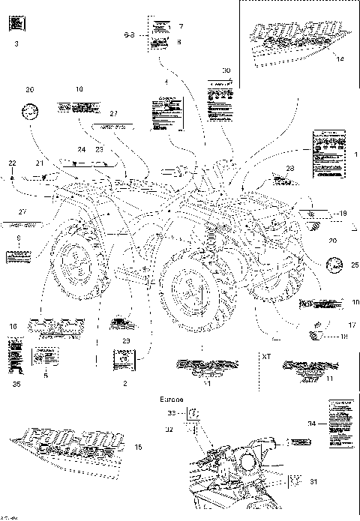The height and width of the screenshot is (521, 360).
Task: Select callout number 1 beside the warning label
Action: coord(346,153)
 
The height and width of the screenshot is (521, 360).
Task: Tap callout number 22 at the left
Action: coord(13,163)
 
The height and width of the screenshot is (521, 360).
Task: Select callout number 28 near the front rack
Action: coord(289,169)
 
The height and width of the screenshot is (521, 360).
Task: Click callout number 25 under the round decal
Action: coord(334,265)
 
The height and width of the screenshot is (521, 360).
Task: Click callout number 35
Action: coord(16,384)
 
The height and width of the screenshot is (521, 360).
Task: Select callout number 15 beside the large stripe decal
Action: coord(136,448)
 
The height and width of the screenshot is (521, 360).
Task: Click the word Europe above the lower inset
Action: coord(170,400)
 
